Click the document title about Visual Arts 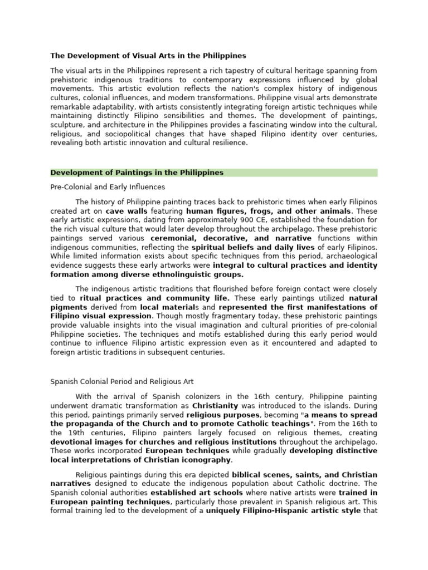(148, 56)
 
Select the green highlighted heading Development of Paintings (137, 173)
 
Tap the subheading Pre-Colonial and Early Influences (108, 187)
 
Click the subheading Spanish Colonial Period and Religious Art (121, 382)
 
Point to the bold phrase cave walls (126, 212)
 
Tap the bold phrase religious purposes (223, 415)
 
